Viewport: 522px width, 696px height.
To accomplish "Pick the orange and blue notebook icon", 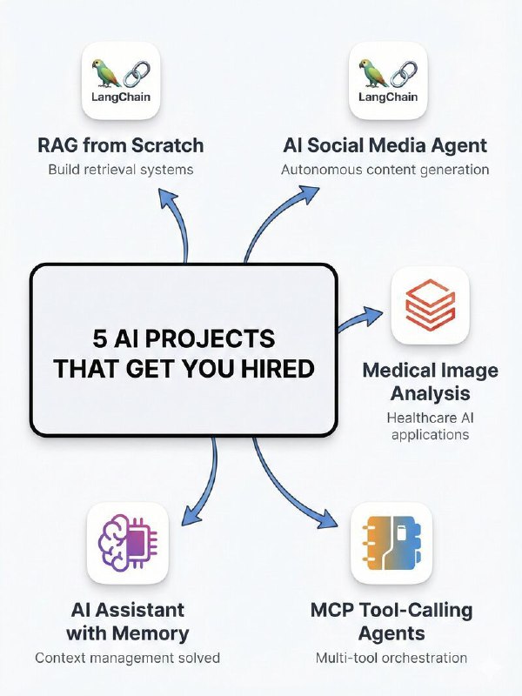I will coord(391,543).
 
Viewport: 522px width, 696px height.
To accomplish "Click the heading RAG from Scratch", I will coord(120,144).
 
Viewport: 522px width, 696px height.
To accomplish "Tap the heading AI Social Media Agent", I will coord(385,144).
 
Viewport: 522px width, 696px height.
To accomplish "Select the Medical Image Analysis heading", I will coord(430,381).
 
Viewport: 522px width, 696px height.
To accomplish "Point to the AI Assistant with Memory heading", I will coord(127,620).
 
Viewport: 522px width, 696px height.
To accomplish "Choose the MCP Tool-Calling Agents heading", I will coord(391,620).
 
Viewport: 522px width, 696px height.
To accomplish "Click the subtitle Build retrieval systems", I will coord(120,169).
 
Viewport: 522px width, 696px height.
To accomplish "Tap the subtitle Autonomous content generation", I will coord(385,169).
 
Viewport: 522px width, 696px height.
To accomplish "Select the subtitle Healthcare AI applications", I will coord(430,425).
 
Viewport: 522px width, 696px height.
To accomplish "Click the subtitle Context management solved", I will coord(127,658).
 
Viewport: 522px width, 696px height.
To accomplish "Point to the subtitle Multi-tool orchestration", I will coord(391,658).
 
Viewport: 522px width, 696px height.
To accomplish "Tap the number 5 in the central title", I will coord(100,338).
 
